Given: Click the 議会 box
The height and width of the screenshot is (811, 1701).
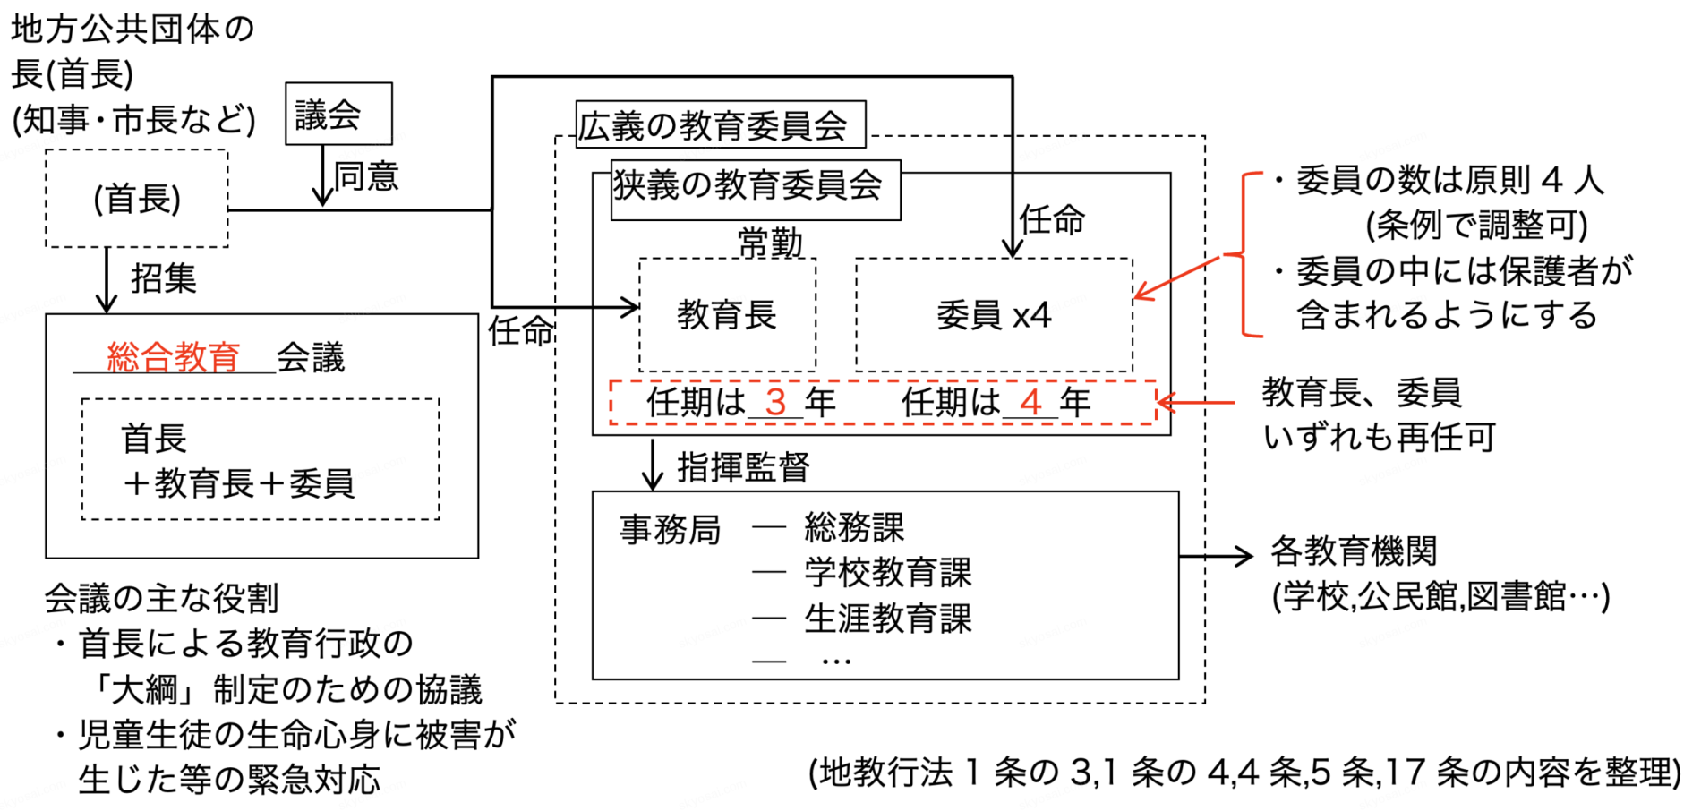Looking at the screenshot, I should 338,114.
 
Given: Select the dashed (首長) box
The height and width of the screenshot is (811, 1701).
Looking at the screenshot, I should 137,198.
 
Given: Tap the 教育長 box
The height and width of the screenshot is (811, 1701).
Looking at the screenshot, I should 727,314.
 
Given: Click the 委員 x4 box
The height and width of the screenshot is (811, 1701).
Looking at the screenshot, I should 994,314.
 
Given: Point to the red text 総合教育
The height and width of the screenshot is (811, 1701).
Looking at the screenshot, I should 174,356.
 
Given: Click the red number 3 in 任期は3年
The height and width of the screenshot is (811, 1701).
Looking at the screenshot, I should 775,402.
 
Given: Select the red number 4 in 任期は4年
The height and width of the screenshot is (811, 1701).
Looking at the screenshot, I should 1030,402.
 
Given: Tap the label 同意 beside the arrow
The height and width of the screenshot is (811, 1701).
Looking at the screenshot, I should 366,176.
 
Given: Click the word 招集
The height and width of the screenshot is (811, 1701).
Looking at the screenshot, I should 163,278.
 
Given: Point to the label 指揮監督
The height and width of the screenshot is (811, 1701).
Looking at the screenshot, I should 743,466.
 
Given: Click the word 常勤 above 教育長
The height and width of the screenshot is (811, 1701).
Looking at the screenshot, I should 770,242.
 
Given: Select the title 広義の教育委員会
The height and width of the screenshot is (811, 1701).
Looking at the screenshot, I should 714,125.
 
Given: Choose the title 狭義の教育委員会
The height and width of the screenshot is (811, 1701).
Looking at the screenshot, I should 748,185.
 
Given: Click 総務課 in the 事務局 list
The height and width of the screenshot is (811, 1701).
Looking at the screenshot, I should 854,527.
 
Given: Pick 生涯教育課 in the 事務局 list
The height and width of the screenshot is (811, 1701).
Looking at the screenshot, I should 887,618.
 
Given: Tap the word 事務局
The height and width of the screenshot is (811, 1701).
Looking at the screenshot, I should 670,530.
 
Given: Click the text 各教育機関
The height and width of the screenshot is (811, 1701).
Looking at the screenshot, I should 1354,551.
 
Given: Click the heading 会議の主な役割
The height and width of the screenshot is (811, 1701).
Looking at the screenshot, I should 161,598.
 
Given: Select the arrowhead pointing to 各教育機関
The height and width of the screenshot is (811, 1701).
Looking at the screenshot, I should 1244,556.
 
